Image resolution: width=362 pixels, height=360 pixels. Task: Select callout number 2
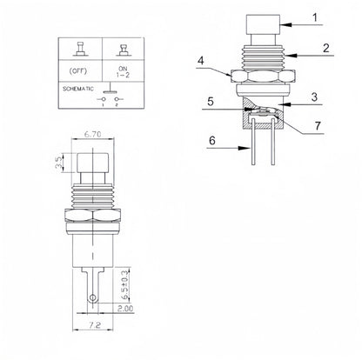click(324, 50)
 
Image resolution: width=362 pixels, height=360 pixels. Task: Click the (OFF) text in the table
click(77, 73)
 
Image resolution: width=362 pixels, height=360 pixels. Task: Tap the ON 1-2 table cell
click(120, 73)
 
